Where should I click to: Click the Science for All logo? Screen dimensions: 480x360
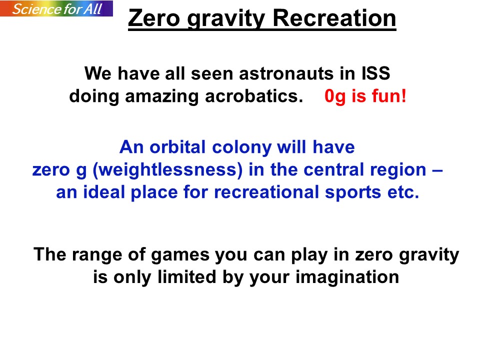coord(56,8)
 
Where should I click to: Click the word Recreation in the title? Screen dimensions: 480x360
coord(334,18)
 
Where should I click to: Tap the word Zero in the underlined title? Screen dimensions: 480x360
coord(154,18)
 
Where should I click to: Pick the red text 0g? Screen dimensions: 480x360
coord(335,97)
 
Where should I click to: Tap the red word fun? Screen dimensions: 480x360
coord(389,96)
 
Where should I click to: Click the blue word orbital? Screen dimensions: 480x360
coord(177,147)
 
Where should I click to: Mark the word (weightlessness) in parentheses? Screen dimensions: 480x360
coord(168,170)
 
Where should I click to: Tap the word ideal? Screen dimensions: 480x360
coord(103,192)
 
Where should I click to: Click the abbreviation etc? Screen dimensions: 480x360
coord(403,193)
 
